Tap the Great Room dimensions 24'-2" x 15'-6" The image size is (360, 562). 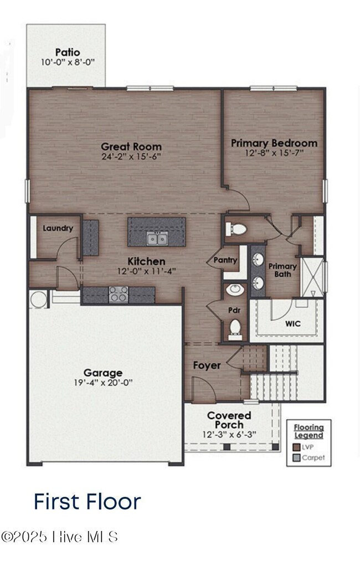coord(131,157)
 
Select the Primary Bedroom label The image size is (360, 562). coord(274,143)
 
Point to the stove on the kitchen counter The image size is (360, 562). coord(118,294)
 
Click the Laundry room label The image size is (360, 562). coord(58,228)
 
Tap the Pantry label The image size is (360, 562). coord(225,260)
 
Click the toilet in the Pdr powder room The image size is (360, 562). coord(235,328)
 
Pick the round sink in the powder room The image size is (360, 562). coord(235,289)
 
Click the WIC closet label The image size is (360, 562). coord(293,323)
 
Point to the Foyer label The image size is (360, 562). coord(207,365)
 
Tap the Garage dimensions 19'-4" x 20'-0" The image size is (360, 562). coord(103,383)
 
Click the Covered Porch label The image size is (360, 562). coord(229,420)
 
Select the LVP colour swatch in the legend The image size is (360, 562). coord(296,447)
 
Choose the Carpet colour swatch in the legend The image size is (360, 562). coord(296,458)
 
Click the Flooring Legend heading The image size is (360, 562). coord(308,431)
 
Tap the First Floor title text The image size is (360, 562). coord(88,501)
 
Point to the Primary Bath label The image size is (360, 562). coord(282,270)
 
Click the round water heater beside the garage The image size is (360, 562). coord(39,300)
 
